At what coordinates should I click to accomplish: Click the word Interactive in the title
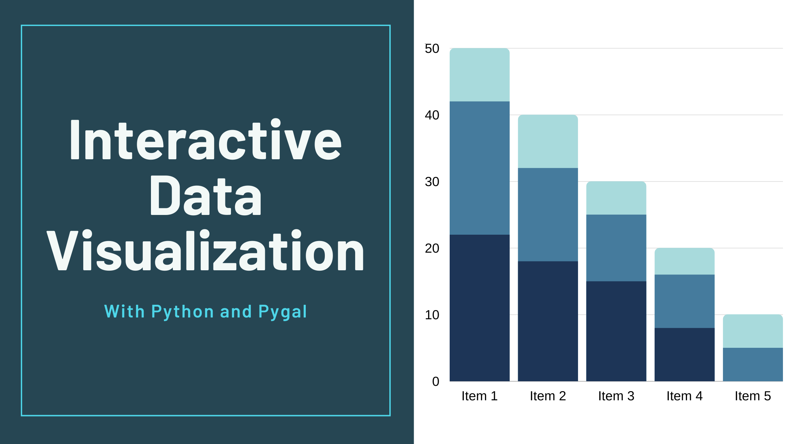(206, 140)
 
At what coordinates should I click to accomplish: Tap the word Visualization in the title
(205, 251)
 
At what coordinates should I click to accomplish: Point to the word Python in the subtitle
(182, 312)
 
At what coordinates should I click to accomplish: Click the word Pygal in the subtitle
(282, 312)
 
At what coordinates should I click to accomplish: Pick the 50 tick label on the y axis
(432, 49)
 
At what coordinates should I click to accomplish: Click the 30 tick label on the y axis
(432, 182)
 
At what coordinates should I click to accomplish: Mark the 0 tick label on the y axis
(436, 381)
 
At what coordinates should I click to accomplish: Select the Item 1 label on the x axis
(479, 396)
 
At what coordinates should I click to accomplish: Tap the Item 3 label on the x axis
(616, 396)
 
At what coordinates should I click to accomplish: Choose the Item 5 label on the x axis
(753, 396)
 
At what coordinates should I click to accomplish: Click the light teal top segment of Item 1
(479, 75)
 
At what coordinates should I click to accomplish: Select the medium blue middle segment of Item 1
(479, 168)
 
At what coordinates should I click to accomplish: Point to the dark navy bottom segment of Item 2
(548, 321)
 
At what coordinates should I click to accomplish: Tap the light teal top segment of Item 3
(616, 198)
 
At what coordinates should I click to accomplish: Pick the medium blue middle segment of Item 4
(685, 301)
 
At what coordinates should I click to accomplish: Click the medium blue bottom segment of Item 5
(753, 364)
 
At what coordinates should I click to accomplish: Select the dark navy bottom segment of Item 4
(685, 354)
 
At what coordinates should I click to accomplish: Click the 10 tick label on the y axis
(432, 315)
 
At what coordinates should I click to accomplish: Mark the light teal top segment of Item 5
(753, 331)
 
